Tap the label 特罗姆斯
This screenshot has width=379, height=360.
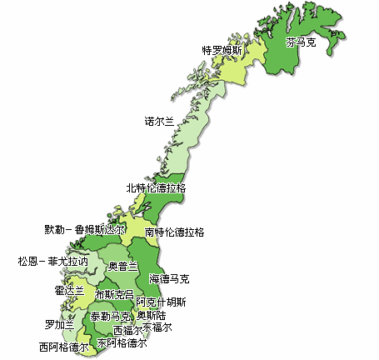tap(222, 50)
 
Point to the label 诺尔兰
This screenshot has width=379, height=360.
tap(160, 121)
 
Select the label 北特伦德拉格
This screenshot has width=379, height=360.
tap(156, 188)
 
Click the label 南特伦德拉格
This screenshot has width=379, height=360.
tap(174, 232)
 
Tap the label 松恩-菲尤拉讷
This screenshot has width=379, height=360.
tap(52, 261)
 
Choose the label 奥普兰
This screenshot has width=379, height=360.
tap(124, 267)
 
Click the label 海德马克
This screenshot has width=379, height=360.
tap(169, 278)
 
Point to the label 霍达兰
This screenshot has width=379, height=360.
tap(70, 291)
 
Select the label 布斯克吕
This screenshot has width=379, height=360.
tap(114, 295)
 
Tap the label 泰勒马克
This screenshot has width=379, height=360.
tap(111, 317)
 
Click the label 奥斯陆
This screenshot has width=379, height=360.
tap(152, 316)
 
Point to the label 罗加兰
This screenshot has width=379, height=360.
tap(59, 324)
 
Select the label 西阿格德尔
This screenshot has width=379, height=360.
tap(63, 346)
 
